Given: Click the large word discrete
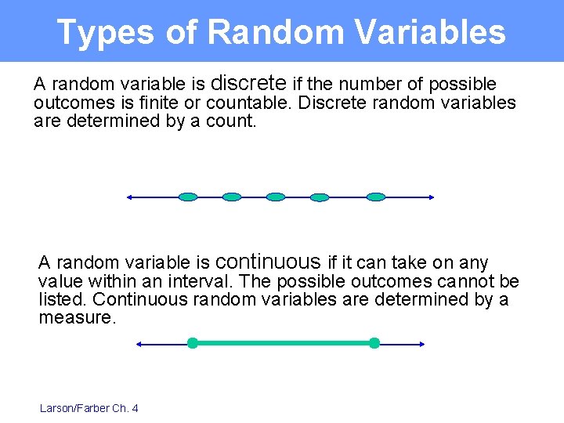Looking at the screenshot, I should click(x=249, y=82).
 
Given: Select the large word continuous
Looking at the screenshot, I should click(x=267, y=261).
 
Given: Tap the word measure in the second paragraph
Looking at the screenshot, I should click(x=75, y=317).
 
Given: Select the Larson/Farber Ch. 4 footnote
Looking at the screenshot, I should click(x=89, y=408).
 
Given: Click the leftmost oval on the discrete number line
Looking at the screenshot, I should click(x=188, y=197).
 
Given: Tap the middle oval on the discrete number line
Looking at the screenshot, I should click(x=276, y=197).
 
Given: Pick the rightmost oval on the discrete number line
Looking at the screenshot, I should click(x=377, y=197).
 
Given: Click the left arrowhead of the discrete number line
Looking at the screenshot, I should click(x=130, y=197).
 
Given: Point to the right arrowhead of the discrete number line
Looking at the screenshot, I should click(x=430, y=197).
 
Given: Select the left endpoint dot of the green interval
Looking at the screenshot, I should click(x=192, y=343).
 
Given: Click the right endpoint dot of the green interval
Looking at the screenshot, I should click(x=374, y=343).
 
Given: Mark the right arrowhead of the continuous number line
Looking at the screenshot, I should click(x=421, y=343).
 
